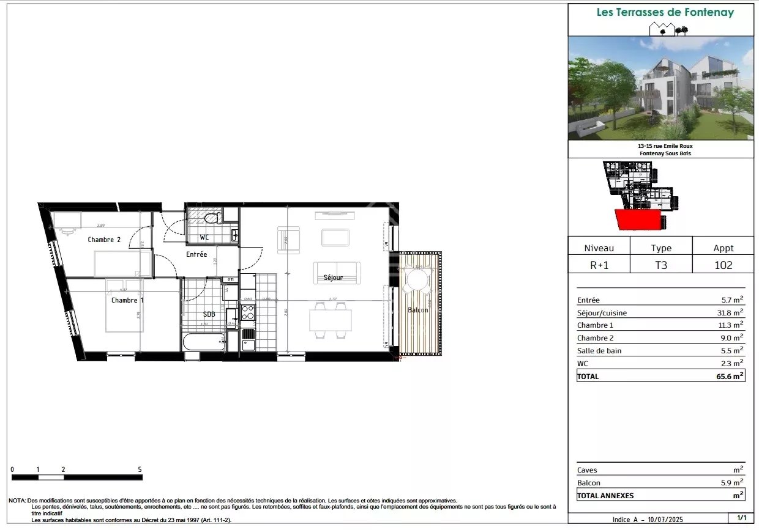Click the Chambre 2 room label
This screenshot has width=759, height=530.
(104, 240)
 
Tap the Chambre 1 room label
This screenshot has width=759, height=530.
(127, 300)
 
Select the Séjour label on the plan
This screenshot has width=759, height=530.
(333, 278)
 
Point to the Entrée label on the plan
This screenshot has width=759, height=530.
(196, 254)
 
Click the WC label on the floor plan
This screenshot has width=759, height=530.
(205, 237)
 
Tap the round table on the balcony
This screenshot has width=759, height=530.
(417, 281)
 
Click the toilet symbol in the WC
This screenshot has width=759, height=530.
(212, 218)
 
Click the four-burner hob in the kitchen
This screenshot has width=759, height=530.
(248, 312)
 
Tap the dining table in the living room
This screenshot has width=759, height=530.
(330, 320)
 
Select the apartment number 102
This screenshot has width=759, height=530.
(723, 265)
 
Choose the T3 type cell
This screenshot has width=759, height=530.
(661, 265)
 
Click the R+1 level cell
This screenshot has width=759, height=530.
(599, 265)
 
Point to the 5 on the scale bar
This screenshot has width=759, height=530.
(140, 469)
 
